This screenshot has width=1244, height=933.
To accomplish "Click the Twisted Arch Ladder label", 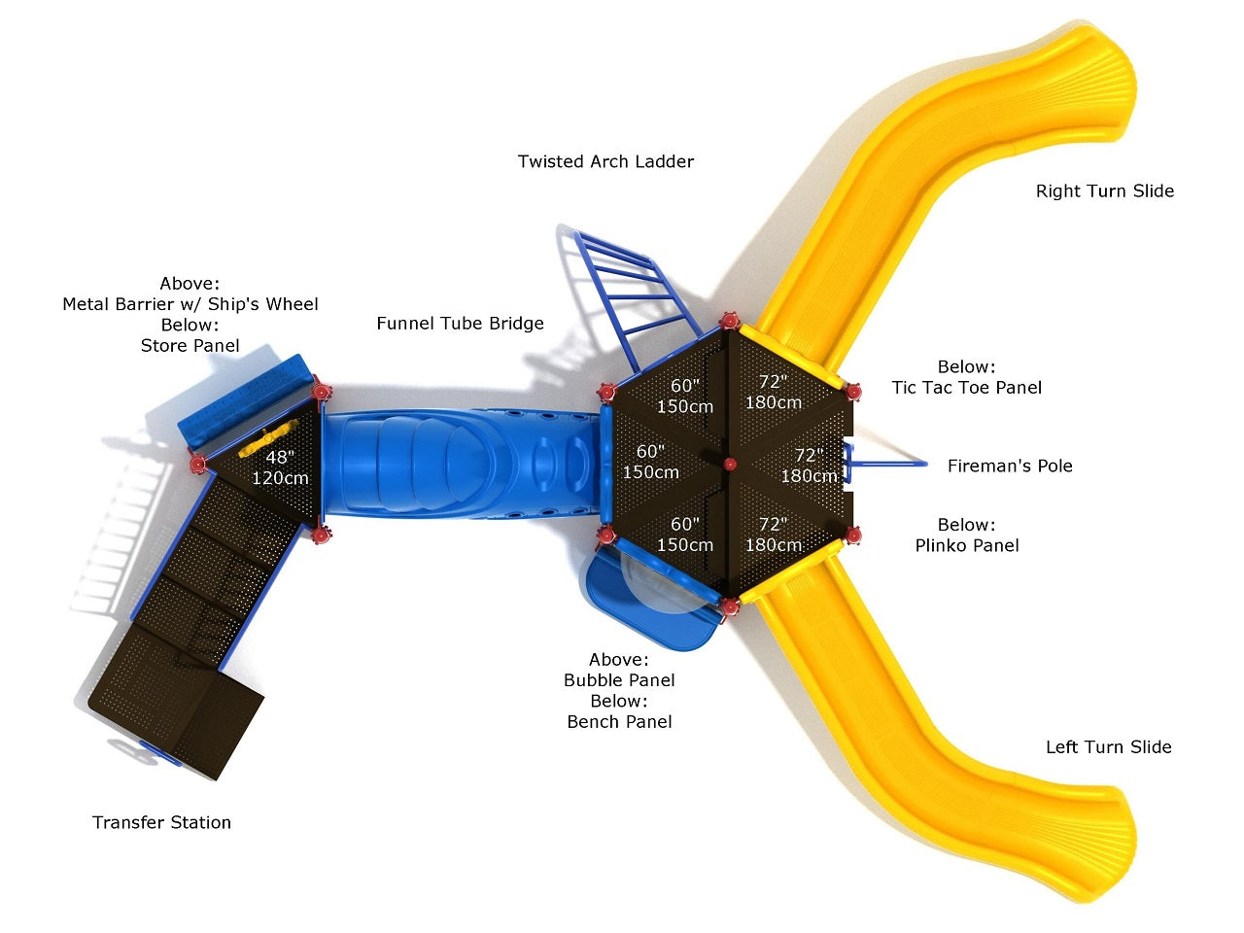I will tap(605, 161).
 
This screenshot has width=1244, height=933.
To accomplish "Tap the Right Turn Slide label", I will tap(1104, 191).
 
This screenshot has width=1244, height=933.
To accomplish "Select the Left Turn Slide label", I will tap(1108, 747).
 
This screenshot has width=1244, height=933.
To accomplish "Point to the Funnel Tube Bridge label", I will tap(460, 324).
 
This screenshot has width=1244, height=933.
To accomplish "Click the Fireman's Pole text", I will tap(1010, 466).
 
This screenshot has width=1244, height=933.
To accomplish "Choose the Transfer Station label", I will tap(161, 823).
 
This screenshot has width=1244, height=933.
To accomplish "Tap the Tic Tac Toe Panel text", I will tap(966, 388).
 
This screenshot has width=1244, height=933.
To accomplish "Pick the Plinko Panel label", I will tap(967, 546).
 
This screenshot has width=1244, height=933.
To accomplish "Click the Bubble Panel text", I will tap(619, 680).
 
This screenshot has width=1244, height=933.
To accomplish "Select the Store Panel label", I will tap(190, 346).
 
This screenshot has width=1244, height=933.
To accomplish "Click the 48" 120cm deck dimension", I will tap(280, 467).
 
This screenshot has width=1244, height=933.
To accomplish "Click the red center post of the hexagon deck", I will tap(730, 465).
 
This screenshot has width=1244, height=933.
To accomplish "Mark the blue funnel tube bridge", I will tap(457, 463).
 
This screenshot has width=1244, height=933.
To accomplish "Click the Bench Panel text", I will tap(619, 722).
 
